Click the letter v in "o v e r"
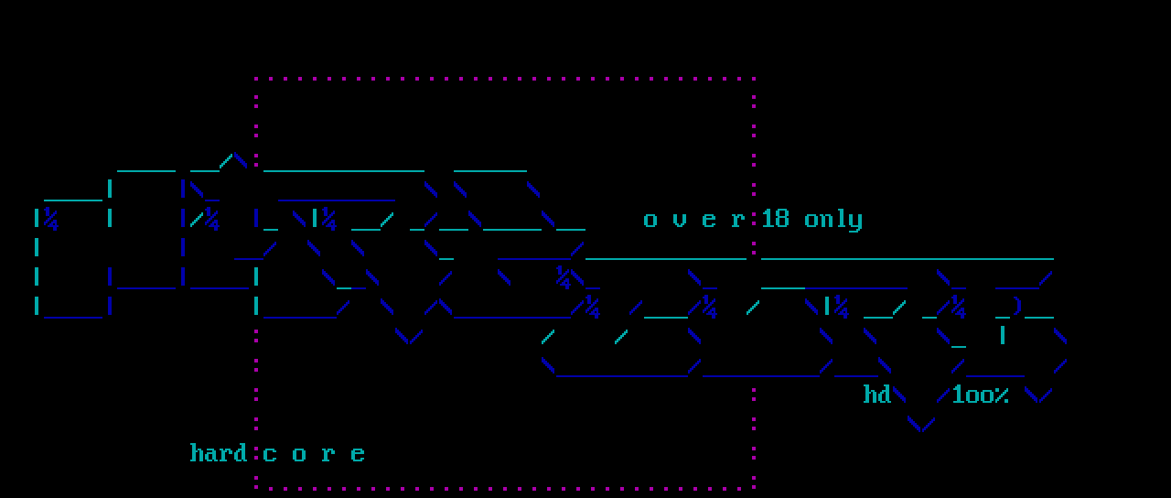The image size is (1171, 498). tap(680, 221)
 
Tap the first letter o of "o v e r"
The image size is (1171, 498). tap(650, 221)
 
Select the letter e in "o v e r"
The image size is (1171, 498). tap(709, 221)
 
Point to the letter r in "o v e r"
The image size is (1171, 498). tap(738, 221)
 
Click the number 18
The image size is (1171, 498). tap(775, 219)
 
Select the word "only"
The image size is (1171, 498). tap(833, 220)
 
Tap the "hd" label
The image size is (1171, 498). tap(877, 395)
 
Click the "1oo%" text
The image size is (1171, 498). tap(980, 395)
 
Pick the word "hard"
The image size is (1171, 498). tap(219, 453)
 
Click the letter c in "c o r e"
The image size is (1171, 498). tap(270, 454)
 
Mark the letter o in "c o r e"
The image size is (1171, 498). tap(299, 454)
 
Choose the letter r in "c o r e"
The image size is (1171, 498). tap(328, 454)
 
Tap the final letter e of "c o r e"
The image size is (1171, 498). tap(358, 454)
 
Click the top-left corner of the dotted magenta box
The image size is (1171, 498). tap(256, 80)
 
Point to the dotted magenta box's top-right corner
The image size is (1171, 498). tap(754, 80)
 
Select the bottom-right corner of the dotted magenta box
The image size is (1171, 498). tap(754, 487)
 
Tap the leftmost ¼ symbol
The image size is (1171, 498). tap(50, 220)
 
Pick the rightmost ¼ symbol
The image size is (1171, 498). tap(958, 308)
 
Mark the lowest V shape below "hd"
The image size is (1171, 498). tap(921, 423)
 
